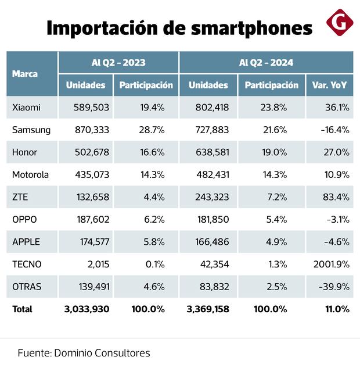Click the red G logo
[x=340, y=23]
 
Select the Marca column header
[x=25, y=74]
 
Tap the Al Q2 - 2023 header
[x=118, y=62]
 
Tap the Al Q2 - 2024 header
[x=266, y=62]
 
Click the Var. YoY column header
[x=329, y=85]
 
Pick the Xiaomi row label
[x=26, y=108]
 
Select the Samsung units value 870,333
[x=91, y=130]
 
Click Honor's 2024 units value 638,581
[x=211, y=152]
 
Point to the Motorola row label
[x=30, y=175]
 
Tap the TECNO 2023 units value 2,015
[x=97, y=265]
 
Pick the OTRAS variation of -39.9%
[x=333, y=287]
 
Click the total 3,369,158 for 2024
[x=207, y=309]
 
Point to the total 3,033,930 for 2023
[x=87, y=309]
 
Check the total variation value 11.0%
[x=337, y=309]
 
